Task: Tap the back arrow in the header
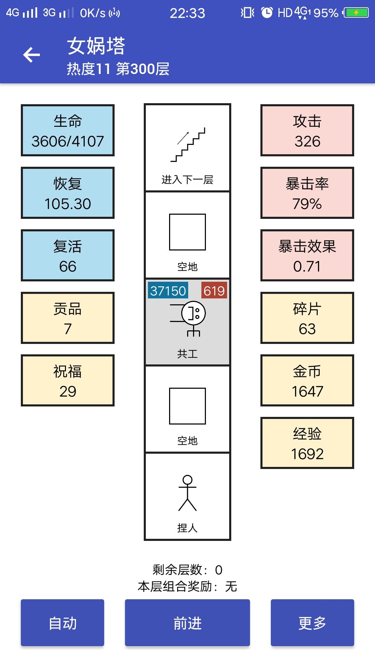tap(32, 55)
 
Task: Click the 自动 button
tap(62, 623)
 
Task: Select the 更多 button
tap(312, 623)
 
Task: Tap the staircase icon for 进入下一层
tap(187, 145)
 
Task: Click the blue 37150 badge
tap(168, 290)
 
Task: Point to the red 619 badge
tap(214, 290)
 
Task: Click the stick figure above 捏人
tap(187, 493)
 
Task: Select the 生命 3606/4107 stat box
tap(68, 130)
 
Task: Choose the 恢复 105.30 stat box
tap(68, 193)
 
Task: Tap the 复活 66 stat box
tap(68, 255)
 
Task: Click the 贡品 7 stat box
tap(68, 318)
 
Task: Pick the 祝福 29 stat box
tap(68, 380)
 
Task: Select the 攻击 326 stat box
tap(307, 130)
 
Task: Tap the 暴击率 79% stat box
tap(307, 193)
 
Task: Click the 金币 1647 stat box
tap(307, 380)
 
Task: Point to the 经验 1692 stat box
tap(307, 443)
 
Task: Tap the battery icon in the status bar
tap(356, 13)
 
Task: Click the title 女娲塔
tap(96, 46)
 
